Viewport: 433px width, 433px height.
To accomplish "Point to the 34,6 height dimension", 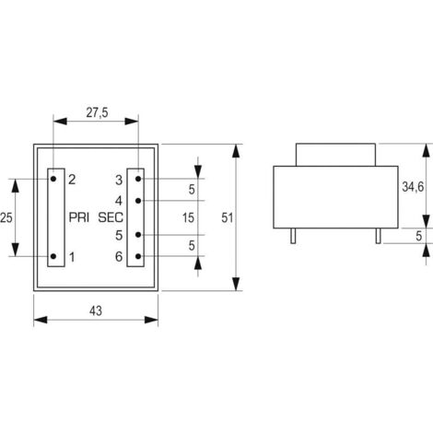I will (412, 187).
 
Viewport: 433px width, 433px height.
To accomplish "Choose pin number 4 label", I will (119, 200).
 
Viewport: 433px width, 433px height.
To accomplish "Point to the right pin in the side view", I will (377, 237).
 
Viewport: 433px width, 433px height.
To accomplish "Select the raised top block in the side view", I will (334, 152).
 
